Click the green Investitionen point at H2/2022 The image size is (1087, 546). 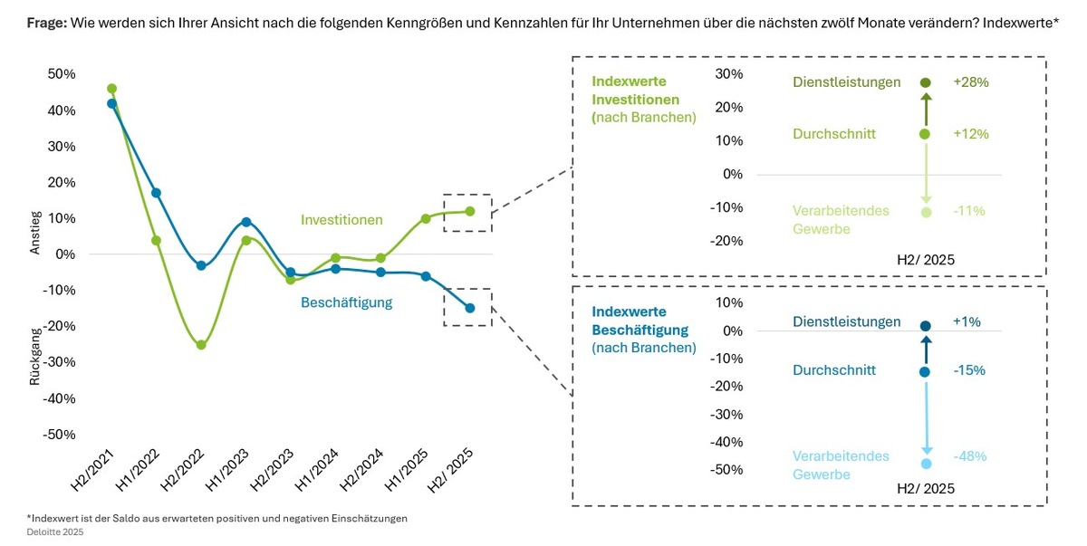(x=201, y=345)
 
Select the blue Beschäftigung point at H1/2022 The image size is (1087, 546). (x=156, y=193)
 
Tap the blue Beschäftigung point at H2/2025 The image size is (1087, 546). (x=469, y=308)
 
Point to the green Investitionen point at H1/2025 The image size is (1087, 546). (x=425, y=218)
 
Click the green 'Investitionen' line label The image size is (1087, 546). (x=341, y=220)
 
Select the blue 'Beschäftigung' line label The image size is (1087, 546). (x=346, y=302)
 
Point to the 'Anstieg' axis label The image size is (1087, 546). (x=35, y=233)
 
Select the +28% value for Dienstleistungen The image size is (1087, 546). (x=970, y=82)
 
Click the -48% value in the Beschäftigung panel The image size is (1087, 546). (x=969, y=456)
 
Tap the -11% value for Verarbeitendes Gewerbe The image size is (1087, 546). (x=968, y=211)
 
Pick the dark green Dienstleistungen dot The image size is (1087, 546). (x=926, y=82)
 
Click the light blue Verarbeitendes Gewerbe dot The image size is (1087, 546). (x=926, y=464)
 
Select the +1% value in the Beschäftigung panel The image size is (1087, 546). (x=967, y=322)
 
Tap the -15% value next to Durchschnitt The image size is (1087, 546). (x=968, y=371)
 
